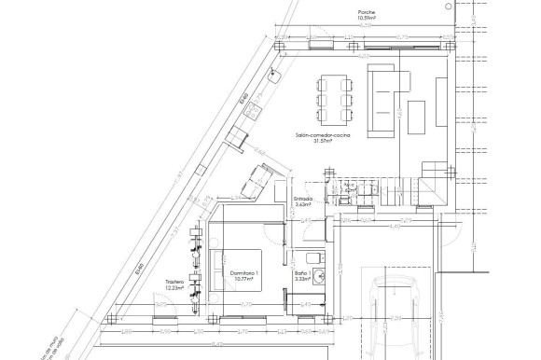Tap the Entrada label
[302, 198]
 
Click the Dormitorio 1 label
[244, 272]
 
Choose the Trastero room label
[174, 282]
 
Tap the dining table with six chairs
[334, 91]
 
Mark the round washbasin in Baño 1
[320, 275]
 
